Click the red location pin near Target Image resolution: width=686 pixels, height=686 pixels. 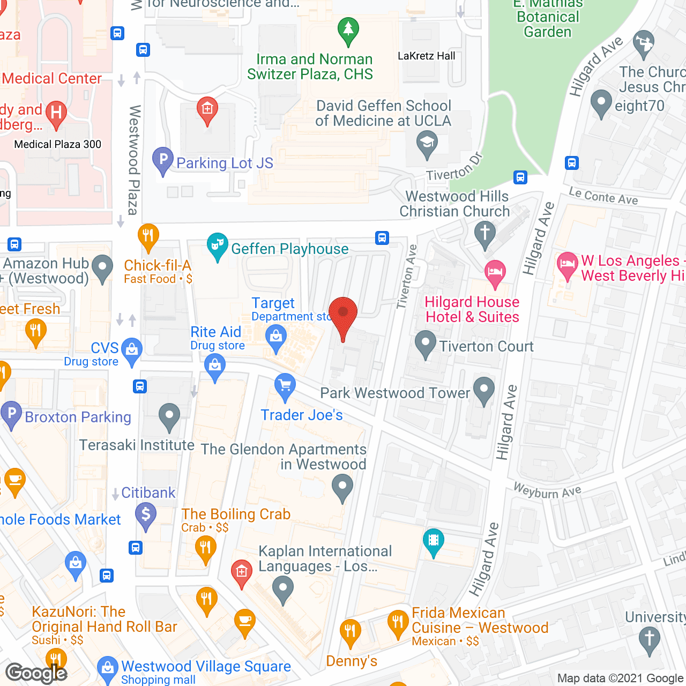coord(343,314)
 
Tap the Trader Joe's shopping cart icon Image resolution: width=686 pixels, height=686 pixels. coord(285,385)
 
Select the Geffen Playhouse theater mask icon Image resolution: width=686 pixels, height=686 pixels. coord(217,245)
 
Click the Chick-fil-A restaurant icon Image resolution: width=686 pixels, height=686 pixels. coord(148,235)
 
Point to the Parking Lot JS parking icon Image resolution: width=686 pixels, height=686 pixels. coord(163,160)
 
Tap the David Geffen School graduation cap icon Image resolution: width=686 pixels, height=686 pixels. coord(427,144)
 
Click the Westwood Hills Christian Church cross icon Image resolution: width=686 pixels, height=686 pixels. coord(485,234)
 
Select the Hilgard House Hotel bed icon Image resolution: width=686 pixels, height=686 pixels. coord(495,272)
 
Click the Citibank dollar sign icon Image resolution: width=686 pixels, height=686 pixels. coord(146,514)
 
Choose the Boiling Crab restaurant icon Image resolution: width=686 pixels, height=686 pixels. coord(205,548)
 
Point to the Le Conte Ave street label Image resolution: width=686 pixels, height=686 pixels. coord(603,196)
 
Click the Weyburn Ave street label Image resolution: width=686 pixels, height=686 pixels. coord(547,490)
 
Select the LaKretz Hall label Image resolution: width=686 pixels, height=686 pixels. coord(426,56)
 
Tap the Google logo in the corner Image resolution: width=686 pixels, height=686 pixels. coord(36,673)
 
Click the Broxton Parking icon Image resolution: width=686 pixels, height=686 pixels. coord(11,414)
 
